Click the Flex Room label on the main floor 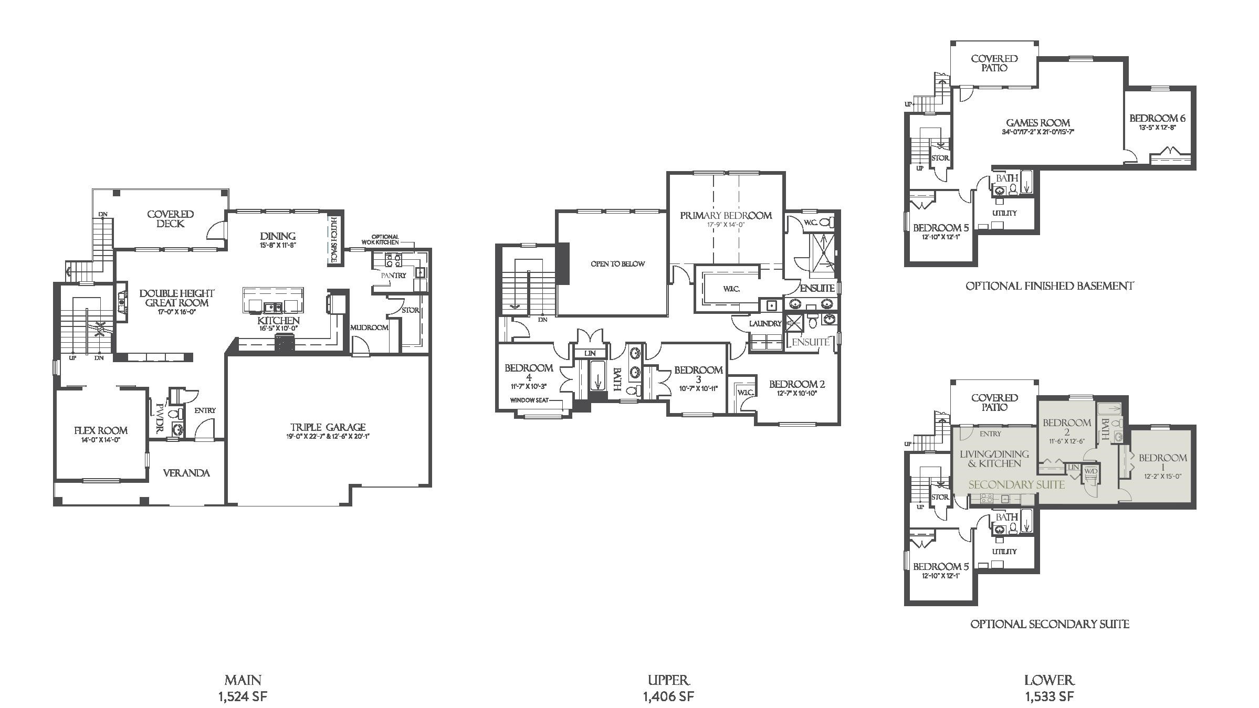click(x=101, y=430)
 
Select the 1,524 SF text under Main click(x=243, y=696)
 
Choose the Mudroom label click(x=369, y=327)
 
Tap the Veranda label click(x=186, y=473)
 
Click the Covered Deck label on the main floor click(x=170, y=219)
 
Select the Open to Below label click(x=617, y=264)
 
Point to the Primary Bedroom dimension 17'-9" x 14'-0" click(x=726, y=225)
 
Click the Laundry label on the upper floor click(x=765, y=324)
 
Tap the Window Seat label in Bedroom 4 click(x=529, y=400)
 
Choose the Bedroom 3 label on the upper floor click(x=698, y=374)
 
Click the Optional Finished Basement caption click(x=1050, y=286)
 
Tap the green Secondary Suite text click(x=1016, y=484)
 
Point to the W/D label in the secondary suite click(x=1090, y=471)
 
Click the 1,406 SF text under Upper click(x=668, y=696)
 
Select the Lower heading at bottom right click(x=1049, y=681)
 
